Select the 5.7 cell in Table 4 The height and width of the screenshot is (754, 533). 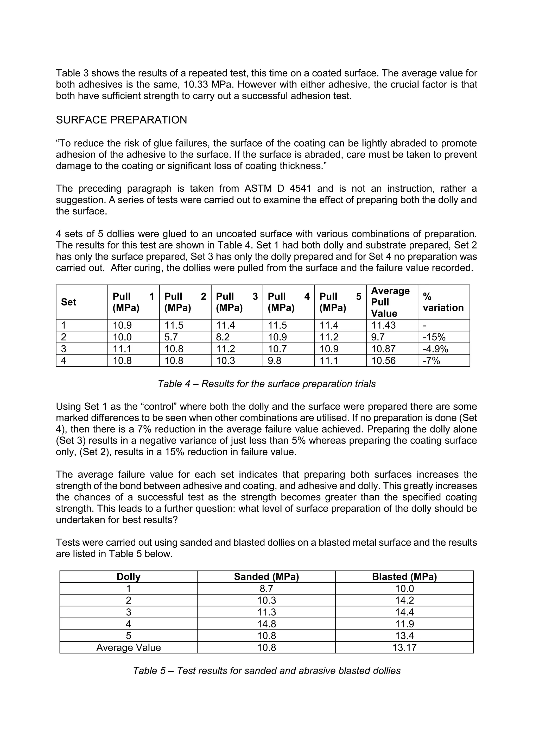coord(171,337)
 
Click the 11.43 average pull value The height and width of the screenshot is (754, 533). coord(383,325)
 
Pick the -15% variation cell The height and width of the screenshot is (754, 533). coord(434,337)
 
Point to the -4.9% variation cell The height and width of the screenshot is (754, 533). coord(435,349)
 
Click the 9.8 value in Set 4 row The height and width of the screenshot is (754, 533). coord(274,360)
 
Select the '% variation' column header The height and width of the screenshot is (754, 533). coord(443,302)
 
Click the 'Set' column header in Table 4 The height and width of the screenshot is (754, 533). coord(69,302)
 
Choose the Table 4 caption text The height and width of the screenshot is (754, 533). coord(266,384)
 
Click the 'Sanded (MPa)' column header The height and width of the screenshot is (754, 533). coord(266,577)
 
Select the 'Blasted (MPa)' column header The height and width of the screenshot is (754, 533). coord(404,577)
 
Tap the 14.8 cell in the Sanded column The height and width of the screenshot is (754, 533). coord(266,624)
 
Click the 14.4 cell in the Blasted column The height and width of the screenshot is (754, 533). coord(404,612)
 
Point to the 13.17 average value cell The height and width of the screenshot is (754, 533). coord(404,647)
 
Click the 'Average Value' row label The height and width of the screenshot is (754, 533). coord(128,647)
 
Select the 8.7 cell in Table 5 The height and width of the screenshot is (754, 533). coord(266,589)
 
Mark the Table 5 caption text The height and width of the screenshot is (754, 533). coord(266,671)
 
